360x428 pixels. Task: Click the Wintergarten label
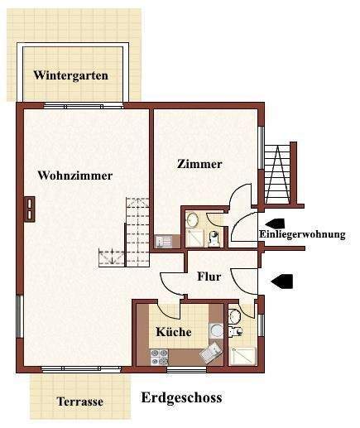[x=70, y=75]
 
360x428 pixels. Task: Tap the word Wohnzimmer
[x=74, y=176]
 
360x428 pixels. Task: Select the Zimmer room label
[x=199, y=164]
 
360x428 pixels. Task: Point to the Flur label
[x=209, y=277]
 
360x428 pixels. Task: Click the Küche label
[x=174, y=332]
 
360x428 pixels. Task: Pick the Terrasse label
[x=79, y=402]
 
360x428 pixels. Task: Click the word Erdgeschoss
[x=181, y=398]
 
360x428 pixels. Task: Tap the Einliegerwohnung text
[x=301, y=234]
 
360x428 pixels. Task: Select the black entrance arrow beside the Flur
[x=282, y=281]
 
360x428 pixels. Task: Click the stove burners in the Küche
[x=159, y=357]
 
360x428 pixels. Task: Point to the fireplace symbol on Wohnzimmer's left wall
[x=31, y=208]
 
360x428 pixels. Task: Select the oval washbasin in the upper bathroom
[x=192, y=219]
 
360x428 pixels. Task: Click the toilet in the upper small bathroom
[x=214, y=238]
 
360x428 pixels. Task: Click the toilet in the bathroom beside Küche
[x=235, y=316]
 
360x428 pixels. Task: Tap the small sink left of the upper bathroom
[x=163, y=242]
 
